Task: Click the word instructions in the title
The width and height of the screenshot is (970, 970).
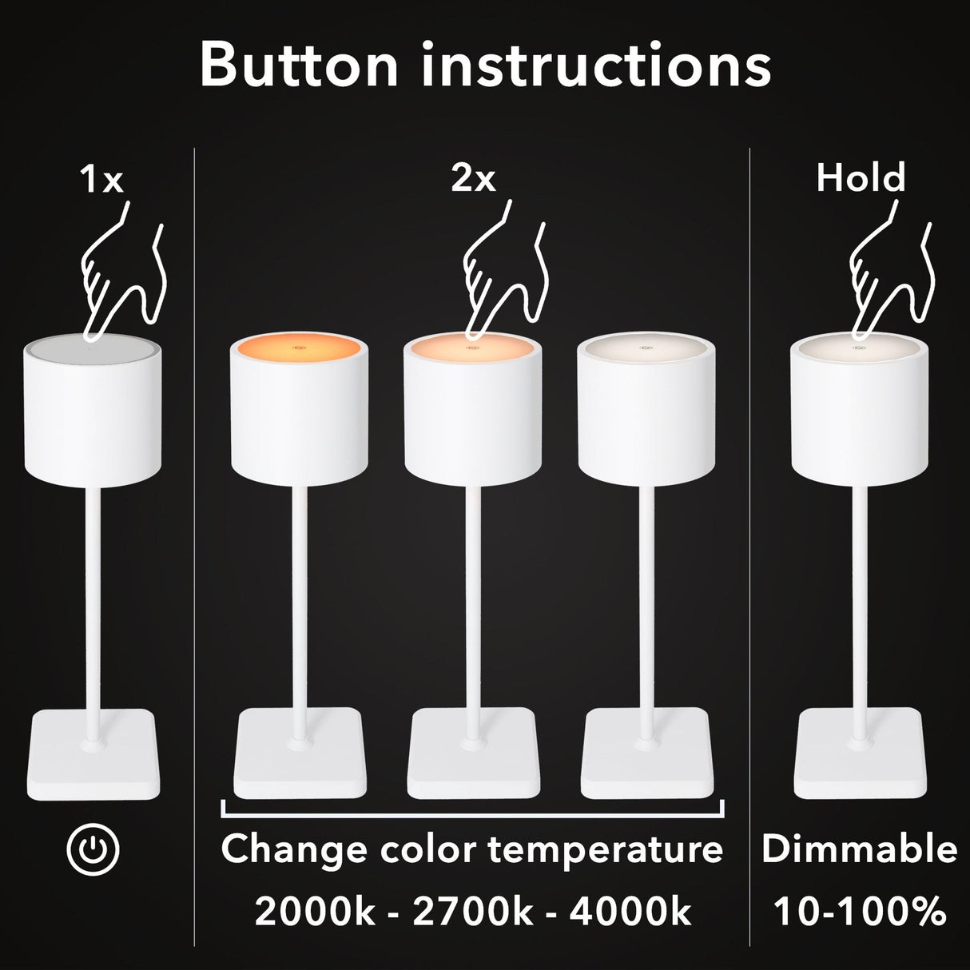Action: (x=595, y=66)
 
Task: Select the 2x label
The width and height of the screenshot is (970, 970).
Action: (x=473, y=179)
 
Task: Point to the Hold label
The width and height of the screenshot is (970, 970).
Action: (x=861, y=177)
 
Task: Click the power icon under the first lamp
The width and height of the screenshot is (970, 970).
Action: (x=93, y=849)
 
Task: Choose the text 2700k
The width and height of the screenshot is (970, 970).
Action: (x=472, y=912)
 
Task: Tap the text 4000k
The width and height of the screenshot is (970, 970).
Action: (x=630, y=912)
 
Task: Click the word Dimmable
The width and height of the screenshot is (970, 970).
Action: (x=860, y=849)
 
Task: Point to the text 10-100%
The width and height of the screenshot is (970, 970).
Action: (x=860, y=912)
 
